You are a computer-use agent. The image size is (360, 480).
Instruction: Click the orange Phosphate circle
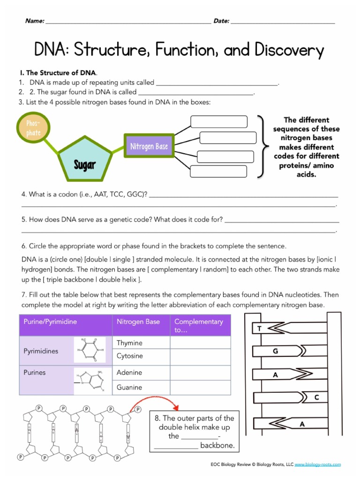33,128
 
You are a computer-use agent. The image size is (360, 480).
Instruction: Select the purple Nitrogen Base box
149,147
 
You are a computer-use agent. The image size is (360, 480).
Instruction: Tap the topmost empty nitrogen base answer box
218,122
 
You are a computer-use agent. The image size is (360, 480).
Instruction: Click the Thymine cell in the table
129,343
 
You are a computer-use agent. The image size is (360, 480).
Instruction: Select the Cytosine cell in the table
130,356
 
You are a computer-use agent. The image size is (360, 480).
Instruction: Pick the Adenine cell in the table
129,373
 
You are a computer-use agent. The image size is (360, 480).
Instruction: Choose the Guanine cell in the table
129,387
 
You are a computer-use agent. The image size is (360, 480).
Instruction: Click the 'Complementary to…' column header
198,326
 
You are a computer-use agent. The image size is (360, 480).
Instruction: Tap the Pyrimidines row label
41,351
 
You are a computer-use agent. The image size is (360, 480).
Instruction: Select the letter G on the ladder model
276,351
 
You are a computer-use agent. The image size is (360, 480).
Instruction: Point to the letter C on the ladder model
316,397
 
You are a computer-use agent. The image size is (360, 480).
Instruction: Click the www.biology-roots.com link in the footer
318,465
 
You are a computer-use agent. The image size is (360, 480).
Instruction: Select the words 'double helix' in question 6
121,279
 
